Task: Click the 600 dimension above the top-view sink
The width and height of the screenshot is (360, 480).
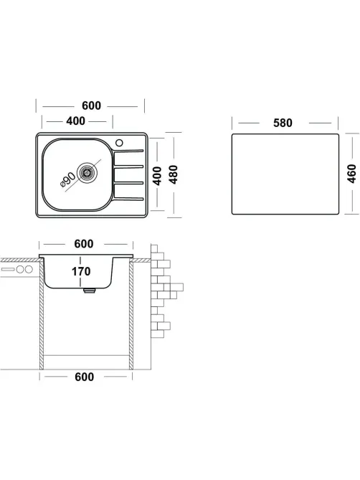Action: pos(91,105)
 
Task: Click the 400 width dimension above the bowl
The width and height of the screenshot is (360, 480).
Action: pos(75,121)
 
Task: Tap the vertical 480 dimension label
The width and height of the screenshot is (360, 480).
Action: pos(173,174)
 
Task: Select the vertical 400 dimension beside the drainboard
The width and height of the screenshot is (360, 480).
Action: pos(157,176)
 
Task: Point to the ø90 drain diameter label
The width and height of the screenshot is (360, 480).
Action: pos(67,179)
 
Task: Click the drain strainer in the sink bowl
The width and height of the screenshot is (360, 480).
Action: pos(87,173)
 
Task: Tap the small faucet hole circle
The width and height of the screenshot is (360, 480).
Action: pos(119,143)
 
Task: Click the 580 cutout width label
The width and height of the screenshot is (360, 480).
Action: pos(283,123)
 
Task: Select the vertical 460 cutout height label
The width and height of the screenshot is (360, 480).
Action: pos(351,174)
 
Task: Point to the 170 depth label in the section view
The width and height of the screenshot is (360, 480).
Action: pos(81,271)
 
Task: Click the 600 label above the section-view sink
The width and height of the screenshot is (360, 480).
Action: pos(84,244)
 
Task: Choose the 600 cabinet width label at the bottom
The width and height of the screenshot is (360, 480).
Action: pos(85,377)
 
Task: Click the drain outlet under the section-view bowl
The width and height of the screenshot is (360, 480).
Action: pos(89,290)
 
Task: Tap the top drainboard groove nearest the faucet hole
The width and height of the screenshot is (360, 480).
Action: pos(128,151)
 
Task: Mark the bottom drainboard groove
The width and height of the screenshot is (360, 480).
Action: pos(128,199)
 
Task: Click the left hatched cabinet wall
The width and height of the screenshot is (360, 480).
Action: pos(42,315)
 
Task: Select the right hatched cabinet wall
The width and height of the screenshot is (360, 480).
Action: pos(131,315)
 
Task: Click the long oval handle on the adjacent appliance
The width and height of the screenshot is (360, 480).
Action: pos(8,269)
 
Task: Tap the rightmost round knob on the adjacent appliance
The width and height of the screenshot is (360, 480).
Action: pos(29,269)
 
